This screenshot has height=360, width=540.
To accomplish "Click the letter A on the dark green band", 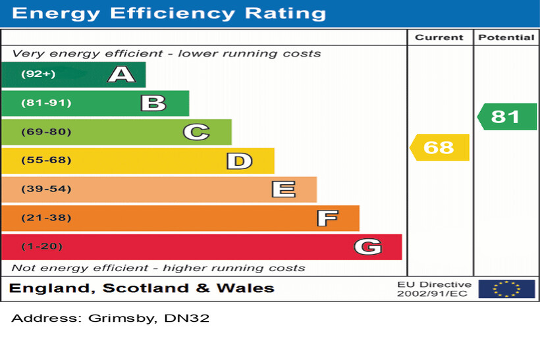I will (121, 74).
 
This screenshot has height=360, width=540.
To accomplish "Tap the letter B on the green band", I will (153, 103).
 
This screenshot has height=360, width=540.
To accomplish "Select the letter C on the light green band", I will (196, 132).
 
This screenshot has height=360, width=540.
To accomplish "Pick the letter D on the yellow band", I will (239, 161).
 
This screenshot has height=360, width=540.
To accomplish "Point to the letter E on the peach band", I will (283, 190).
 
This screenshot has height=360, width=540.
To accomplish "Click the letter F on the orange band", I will (327, 218).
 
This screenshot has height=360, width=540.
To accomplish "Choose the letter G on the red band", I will (367, 247).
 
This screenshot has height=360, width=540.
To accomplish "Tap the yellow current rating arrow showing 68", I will (439, 147).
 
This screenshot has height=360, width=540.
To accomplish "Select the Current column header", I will (439, 38).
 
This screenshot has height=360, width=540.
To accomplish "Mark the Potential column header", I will (506, 38).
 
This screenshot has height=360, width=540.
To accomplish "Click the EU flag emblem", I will (506, 289).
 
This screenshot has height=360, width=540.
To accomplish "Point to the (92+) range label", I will (38, 74).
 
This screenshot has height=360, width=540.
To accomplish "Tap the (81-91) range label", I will (46, 103).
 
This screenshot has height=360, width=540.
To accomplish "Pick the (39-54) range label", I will (46, 190).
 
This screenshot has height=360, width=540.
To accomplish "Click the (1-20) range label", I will (42, 247).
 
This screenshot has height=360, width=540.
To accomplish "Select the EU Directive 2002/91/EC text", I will (434, 289).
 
